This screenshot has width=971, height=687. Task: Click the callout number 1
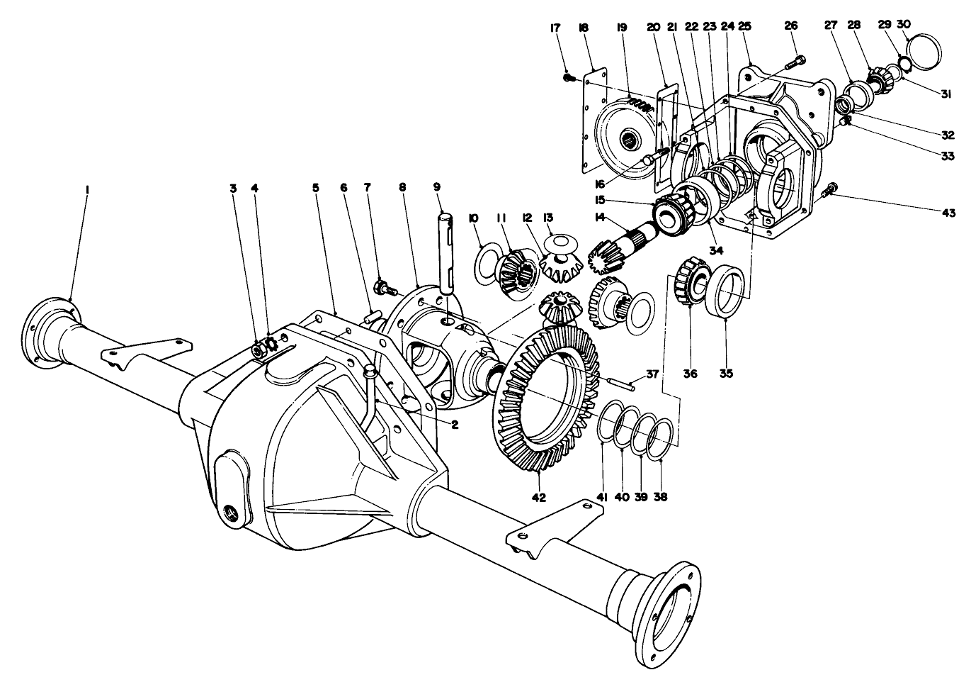pyautogui.click(x=87, y=189)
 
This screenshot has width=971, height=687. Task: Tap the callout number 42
pyautogui.click(x=539, y=497)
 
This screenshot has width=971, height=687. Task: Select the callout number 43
pyautogui.click(x=948, y=213)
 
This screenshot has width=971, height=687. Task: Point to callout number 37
pyautogui.click(x=652, y=374)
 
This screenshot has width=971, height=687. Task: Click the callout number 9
pyautogui.click(x=437, y=187)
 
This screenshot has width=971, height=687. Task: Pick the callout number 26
pyautogui.click(x=791, y=26)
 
